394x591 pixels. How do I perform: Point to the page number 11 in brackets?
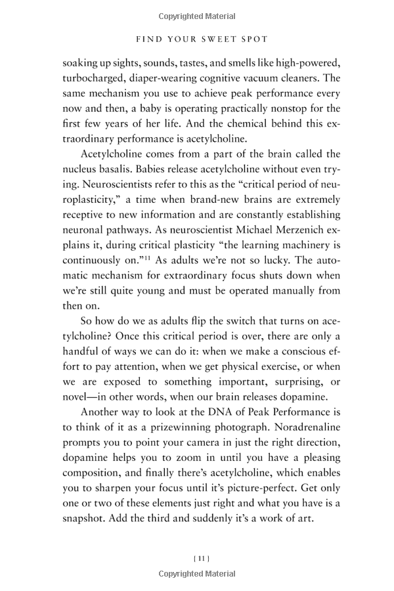(x=201, y=559)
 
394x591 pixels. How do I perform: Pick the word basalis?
(x=120, y=170)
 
